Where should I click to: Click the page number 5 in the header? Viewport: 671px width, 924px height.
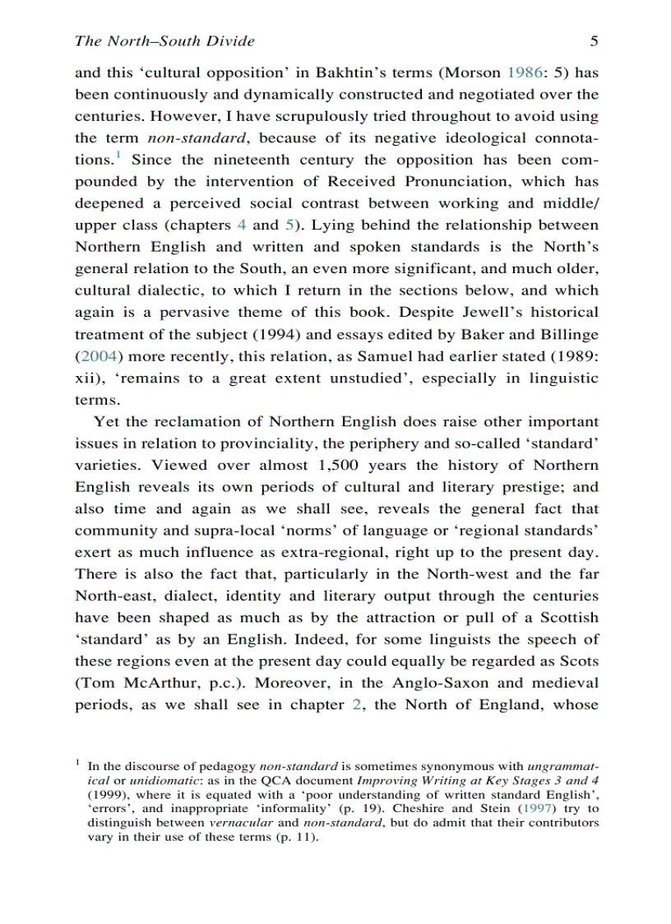594,40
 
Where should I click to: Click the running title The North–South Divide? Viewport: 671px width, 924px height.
164,40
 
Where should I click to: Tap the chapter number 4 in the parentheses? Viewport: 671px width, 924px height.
241,225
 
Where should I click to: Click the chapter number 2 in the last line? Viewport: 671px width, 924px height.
356,705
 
